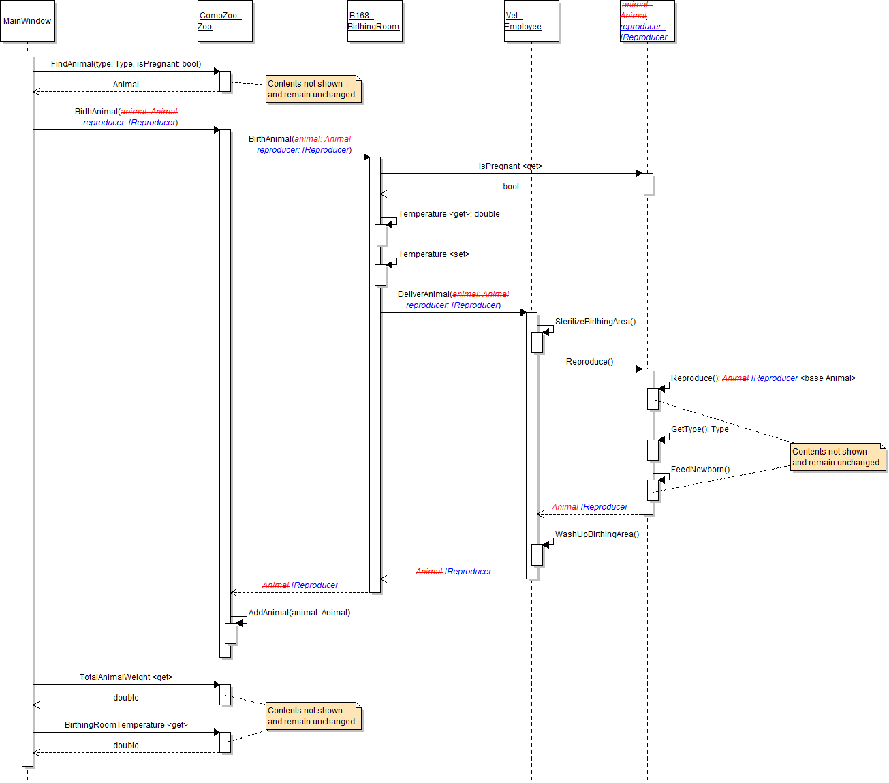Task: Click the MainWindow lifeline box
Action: [27, 21]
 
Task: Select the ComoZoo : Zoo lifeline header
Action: [225, 21]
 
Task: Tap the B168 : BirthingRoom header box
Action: [375, 21]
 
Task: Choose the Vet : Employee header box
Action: [531, 21]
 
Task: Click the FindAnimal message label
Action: [126, 64]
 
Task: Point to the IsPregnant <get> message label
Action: [510, 166]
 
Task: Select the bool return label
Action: [511, 187]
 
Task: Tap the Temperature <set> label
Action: [434, 254]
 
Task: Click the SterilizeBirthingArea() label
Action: [595, 322]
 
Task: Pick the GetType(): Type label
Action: [700, 429]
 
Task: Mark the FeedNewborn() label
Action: [700, 470]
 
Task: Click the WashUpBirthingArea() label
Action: [597, 534]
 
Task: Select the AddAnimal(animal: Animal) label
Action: [299, 613]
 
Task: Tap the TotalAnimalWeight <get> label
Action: [126, 677]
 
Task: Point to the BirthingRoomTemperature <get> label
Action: [126, 725]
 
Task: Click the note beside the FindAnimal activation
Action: [312, 89]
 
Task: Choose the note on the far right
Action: [837, 457]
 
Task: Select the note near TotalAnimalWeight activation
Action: [312, 716]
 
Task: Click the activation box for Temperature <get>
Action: [380, 234]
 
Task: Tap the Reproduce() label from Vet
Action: [589, 362]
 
